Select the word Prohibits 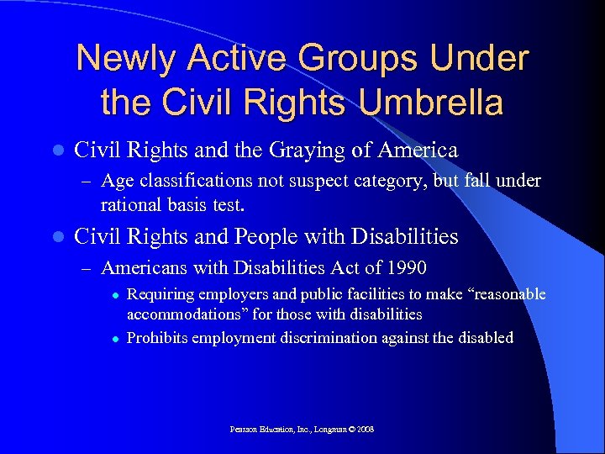[157, 338]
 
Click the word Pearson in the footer [245, 430]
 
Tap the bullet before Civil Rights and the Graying [56, 152]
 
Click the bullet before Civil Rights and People [56, 238]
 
